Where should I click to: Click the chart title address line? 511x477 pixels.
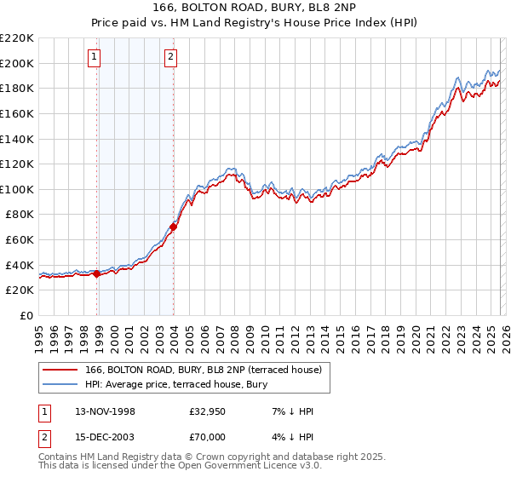pos(255,9)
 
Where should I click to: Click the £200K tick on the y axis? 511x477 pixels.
pos(18,63)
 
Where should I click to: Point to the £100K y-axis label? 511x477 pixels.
pos(18,189)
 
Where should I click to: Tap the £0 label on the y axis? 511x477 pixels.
pos(26,315)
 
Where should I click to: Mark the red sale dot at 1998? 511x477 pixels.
pos(97,273)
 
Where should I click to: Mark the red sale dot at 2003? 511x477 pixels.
pos(174,227)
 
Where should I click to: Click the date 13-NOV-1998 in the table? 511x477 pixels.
pos(105,411)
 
